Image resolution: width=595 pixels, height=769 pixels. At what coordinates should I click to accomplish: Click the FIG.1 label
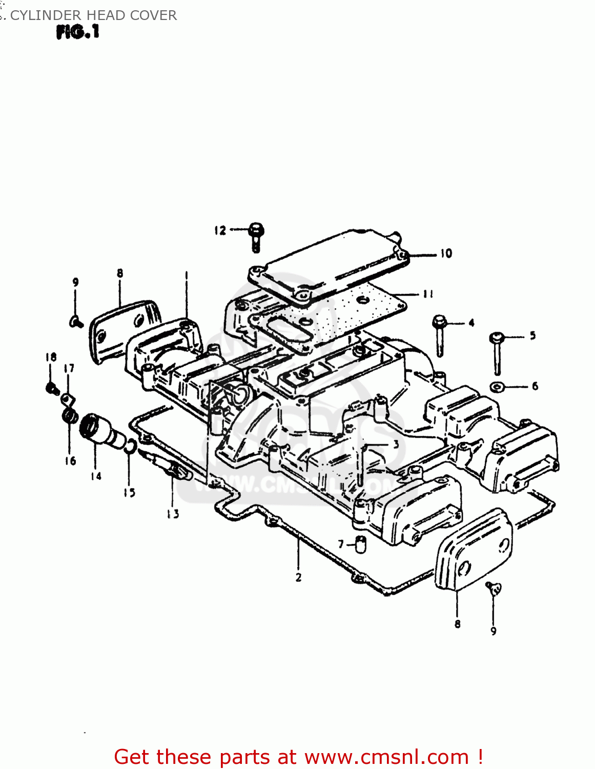coord(77,32)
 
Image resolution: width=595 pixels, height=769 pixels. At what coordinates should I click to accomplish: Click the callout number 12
coord(220,230)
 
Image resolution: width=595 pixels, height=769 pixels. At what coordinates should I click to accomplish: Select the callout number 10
coord(446,253)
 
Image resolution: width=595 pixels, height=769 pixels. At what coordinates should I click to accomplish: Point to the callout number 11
coord(428,294)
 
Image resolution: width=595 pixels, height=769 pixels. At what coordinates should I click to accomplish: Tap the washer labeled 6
coord(496,386)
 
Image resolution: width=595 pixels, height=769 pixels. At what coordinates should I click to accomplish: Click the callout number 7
coord(341,544)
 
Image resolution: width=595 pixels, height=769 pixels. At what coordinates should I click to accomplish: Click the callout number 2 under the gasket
coord(298,577)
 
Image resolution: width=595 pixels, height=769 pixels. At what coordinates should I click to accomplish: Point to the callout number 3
coord(396,444)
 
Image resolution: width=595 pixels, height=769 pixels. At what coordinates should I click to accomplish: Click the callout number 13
coord(173,513)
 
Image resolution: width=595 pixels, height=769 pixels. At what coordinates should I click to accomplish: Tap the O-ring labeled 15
coord(130,448)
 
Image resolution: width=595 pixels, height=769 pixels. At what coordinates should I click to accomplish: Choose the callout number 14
coord(96,476)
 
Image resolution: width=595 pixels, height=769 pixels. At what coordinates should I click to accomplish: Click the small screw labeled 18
coord(51,388)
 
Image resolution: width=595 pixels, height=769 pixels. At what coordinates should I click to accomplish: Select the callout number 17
coord(69,368)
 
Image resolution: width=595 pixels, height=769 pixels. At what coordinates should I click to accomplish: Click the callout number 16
coord(70,461)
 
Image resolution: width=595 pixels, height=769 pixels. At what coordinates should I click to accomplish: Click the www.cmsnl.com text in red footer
coord(387,757)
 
